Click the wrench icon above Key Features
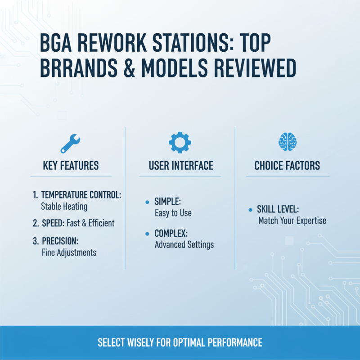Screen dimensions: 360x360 pos(70,144)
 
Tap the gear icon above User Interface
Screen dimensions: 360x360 pos(180,143)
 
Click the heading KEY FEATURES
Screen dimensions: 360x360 pos(71,166)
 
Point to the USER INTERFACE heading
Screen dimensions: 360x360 pos(181,166)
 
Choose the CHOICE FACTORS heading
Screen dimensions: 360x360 pos(287,166)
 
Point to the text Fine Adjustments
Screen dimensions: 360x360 pos(68,252)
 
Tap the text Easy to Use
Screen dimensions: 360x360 pos(173,213)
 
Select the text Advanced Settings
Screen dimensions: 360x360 pos(184,245)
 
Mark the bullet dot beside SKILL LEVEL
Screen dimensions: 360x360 pos(250,210)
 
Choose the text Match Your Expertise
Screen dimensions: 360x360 pos(292,221)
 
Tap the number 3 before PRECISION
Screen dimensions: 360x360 pos(35,241)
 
